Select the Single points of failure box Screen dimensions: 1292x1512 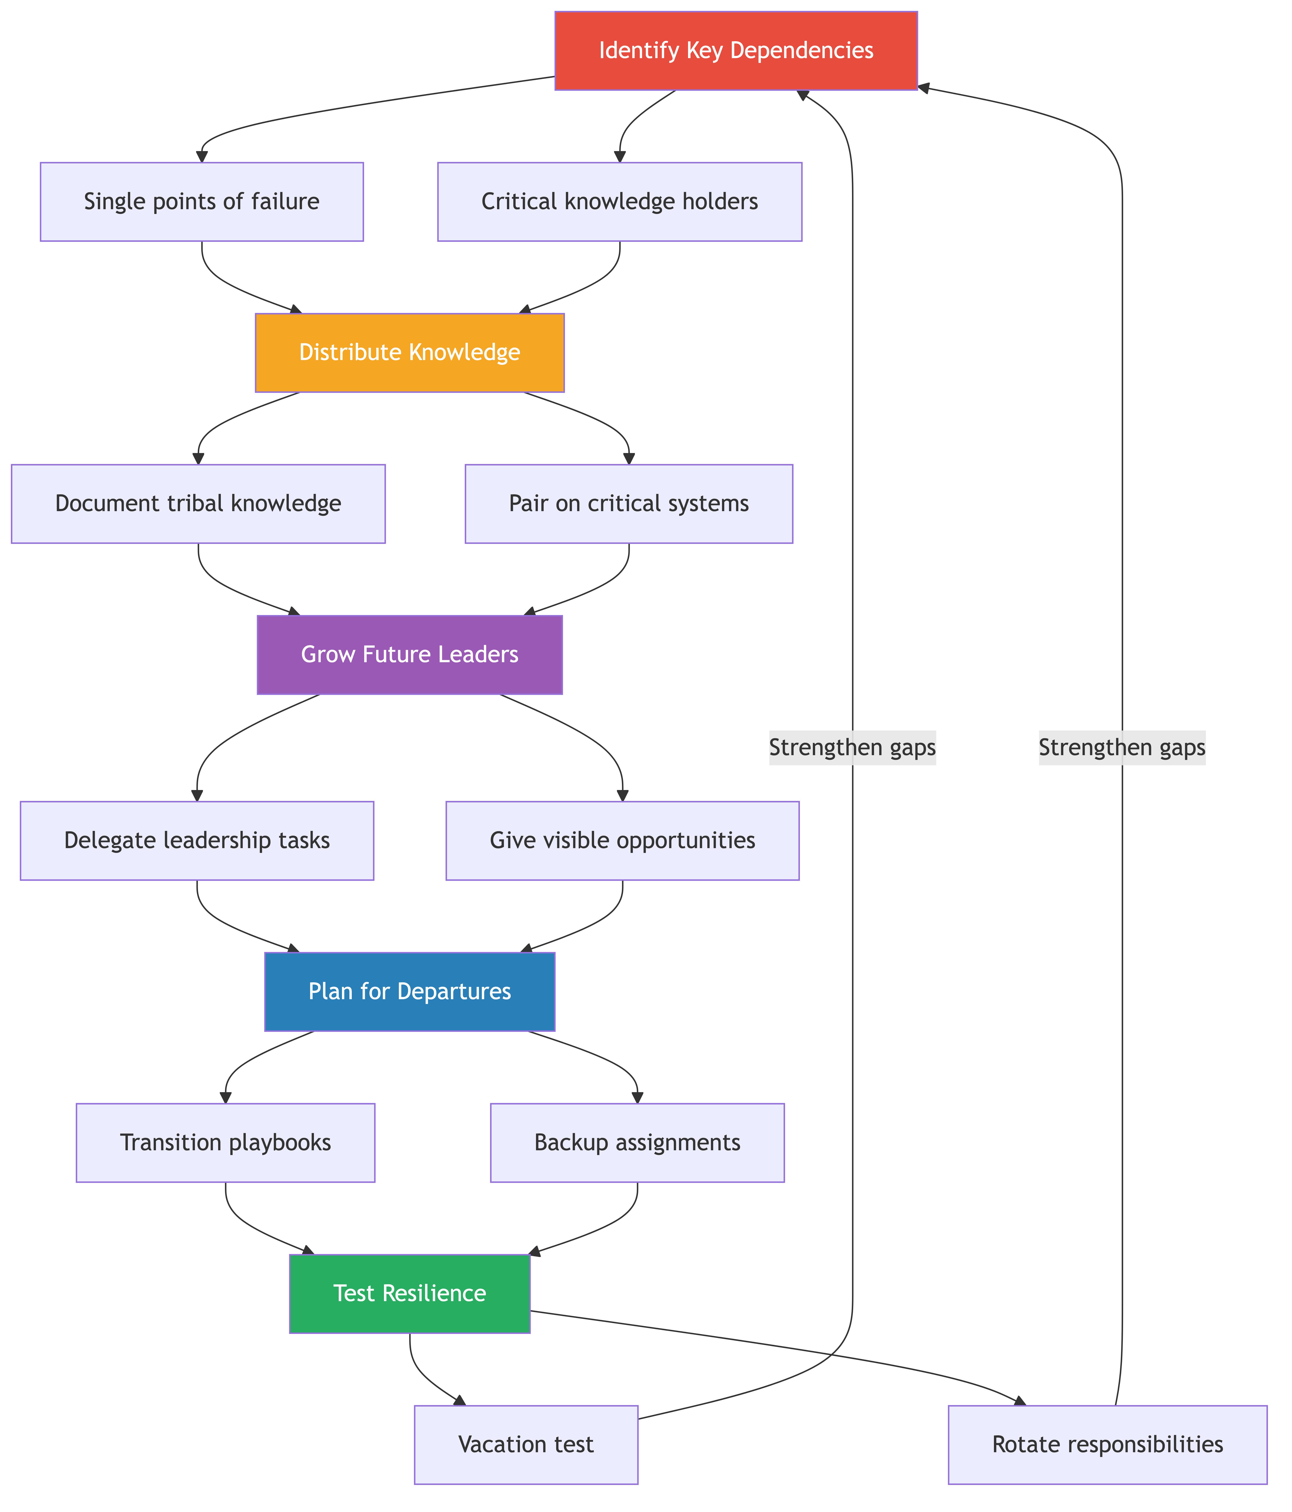201,201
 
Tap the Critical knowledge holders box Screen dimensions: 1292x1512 619,201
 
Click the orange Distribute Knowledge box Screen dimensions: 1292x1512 409,352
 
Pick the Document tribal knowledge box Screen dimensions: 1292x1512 198,504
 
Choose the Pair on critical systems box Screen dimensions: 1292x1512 629,504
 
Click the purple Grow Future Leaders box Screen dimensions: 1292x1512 409,655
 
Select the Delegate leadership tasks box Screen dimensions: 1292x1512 197,841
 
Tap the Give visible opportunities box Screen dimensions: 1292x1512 622,841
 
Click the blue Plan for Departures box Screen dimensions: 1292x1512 409,992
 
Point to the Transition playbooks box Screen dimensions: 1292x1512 225,1143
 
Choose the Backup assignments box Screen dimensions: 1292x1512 637,1143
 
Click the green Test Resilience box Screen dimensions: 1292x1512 409,1294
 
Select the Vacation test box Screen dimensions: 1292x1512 526,1445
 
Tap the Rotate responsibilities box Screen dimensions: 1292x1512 1107,1445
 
